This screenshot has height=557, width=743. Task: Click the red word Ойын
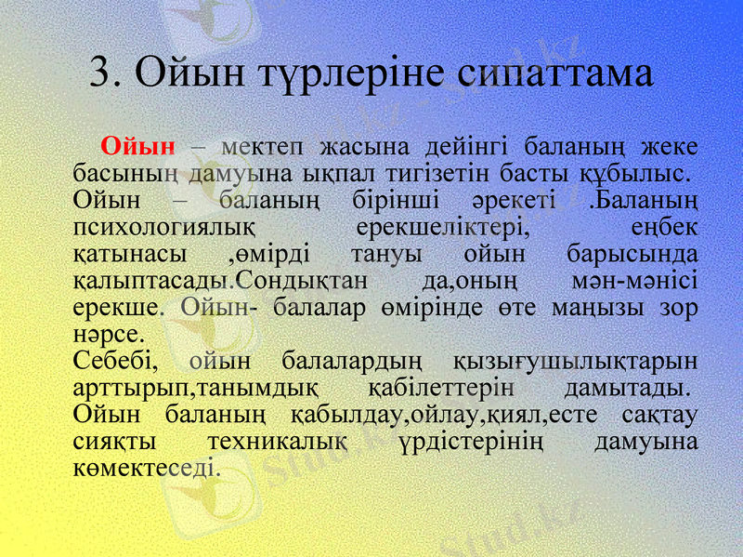point(138,146)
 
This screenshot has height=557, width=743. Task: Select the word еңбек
point(664,227)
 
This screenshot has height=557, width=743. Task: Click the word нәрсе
point(108,333)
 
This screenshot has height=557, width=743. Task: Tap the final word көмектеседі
point(146,467)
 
